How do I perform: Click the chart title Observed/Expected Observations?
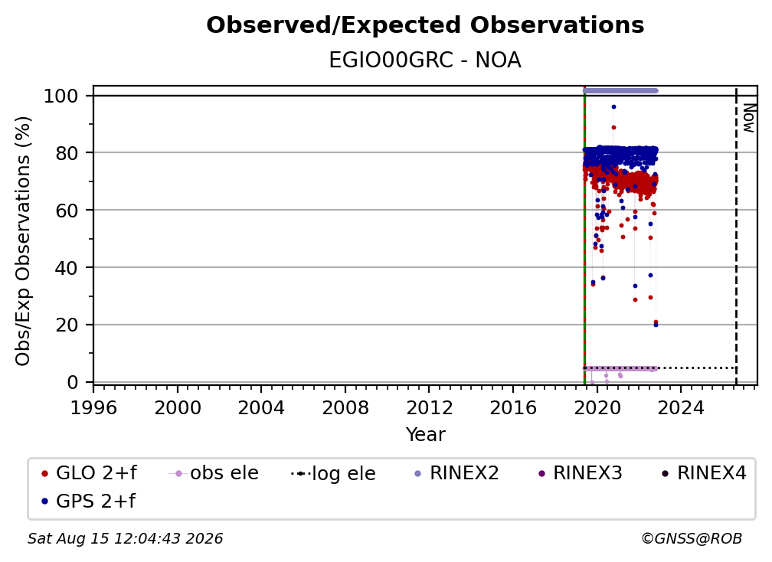(425, 25)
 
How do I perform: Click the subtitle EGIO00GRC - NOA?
(425, 60)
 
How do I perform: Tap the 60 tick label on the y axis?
(67, 210)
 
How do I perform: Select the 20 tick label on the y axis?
(67, 325)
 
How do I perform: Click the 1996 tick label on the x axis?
(93, 407)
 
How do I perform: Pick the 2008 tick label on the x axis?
(345, 407)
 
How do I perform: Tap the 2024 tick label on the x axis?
(681, 407)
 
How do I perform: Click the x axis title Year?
(425, 435)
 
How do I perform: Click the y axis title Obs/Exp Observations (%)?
(23, 241)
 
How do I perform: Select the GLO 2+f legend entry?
(89, 473)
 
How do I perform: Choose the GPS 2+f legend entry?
(88, 501)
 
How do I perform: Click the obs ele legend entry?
(214, 473)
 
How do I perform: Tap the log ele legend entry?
(333, 473)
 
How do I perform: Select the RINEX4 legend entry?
(704, 473)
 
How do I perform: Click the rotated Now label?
(748, 118)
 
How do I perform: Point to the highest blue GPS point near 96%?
(613, 106)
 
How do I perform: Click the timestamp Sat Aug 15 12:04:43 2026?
(125, 539)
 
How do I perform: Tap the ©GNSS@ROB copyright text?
(692, 539)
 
